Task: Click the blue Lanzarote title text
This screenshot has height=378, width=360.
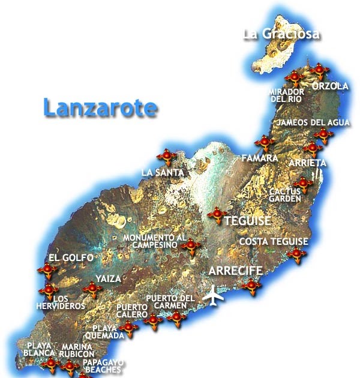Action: (x=100, y=108)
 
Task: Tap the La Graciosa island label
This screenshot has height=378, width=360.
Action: (x=281, y=34)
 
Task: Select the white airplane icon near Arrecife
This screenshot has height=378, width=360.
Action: (x=212, y=295)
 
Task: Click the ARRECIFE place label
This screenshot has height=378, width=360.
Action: (x=235, y=271)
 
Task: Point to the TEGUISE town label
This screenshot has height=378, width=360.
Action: (x=247, y=221)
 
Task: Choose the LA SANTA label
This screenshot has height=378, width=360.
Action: (x=162, y=173)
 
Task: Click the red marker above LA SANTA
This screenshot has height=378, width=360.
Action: (x=167, y=157)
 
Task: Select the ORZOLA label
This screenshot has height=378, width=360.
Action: (x=330, y=86)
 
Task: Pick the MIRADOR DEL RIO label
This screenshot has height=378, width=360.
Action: (x=287, y=95)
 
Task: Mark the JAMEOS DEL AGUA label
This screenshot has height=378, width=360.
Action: (x=312, y=123)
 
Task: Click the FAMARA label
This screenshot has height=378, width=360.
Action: (x=259, y=158)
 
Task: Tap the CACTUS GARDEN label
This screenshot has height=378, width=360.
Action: (x=285, y=194)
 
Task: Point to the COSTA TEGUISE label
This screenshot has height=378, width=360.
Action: (x=273, y=242)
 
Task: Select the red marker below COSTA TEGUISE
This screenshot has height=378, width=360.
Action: (x=296, y=254)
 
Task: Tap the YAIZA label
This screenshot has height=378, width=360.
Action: (x=108, y=279)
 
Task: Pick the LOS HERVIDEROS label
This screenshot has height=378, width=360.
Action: (x=69, y=302)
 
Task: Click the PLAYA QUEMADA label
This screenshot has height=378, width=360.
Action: (x=108, y=332)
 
